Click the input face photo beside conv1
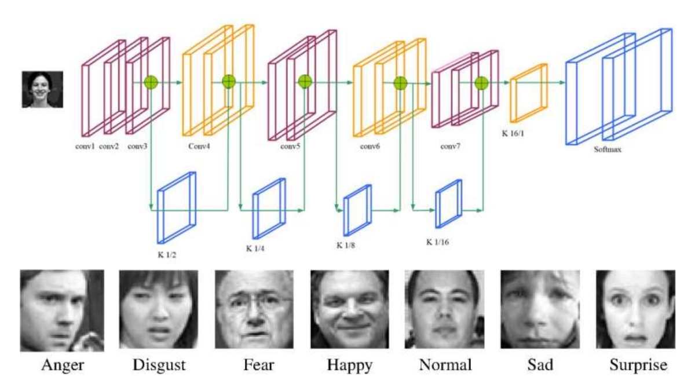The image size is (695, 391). (42, 89)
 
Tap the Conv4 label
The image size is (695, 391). (199, 146)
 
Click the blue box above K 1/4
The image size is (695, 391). (269, 201)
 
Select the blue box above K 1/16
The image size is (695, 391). (449, 203)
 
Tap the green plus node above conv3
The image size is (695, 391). (151, 82)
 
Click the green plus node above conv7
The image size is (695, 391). (482, 83)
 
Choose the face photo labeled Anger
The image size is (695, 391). (62, 310)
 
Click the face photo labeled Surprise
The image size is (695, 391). (635, 309)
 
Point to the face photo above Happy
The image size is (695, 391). (349, 309)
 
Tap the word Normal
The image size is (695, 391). (445, 366)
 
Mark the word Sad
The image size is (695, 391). (540, 366)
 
